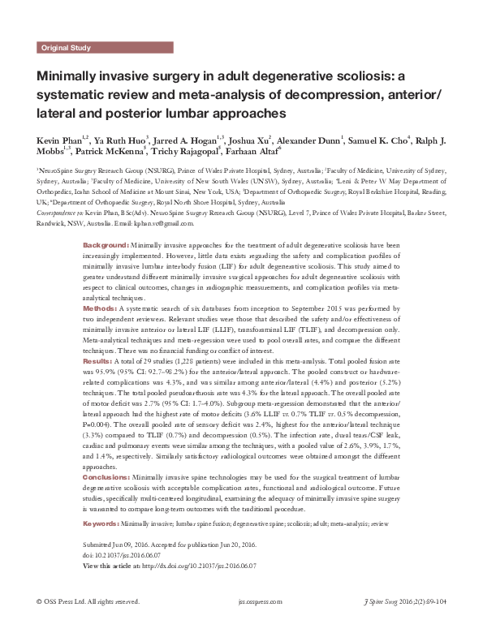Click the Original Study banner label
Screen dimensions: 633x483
click(x=67, y=48)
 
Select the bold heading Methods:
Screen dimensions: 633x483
click(x=101, y=309)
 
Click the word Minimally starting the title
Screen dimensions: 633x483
click(x=67, y=78)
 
